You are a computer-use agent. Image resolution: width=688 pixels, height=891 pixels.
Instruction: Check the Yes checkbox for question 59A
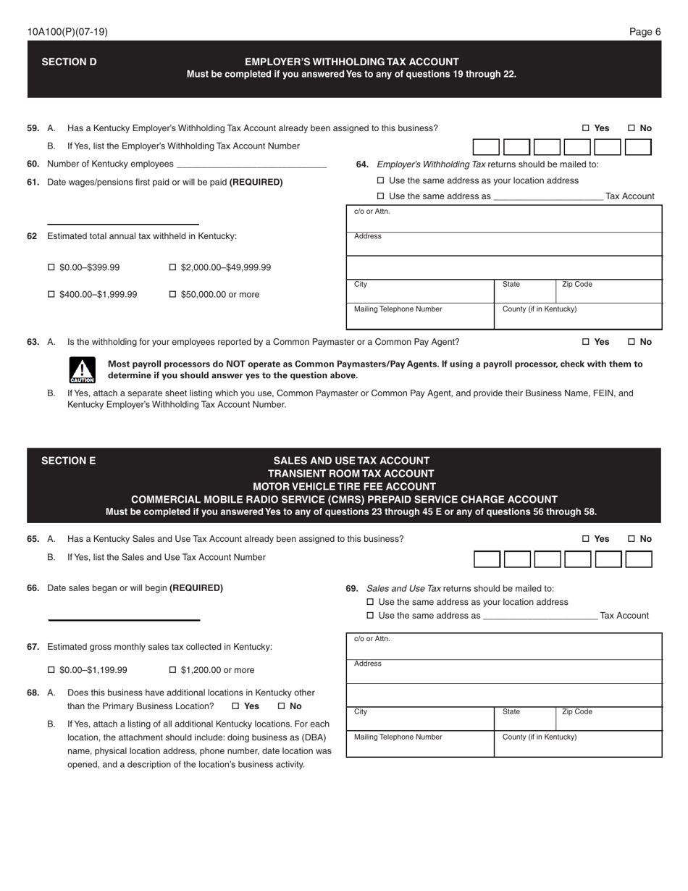586,128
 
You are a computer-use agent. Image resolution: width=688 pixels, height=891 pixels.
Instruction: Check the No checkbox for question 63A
632,342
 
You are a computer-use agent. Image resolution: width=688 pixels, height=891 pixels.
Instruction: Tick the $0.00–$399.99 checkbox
51,267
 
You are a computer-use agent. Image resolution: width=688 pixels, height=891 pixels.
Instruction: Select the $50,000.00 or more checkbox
173,294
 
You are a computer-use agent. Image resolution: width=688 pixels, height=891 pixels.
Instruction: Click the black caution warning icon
82,370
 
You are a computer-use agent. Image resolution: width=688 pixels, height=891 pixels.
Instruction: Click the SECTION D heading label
69,62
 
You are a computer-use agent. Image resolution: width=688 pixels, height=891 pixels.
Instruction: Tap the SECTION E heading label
68,461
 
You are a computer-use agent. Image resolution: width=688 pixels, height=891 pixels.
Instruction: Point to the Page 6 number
645,32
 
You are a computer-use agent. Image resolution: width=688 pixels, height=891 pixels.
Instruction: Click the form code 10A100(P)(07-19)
67,32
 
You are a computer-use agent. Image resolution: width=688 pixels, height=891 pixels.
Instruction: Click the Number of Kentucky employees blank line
251,164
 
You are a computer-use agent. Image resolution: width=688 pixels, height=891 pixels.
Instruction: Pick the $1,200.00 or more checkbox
173,670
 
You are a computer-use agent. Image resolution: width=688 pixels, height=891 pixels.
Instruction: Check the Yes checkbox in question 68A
236,706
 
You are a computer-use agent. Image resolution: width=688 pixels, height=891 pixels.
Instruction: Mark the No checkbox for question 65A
632,539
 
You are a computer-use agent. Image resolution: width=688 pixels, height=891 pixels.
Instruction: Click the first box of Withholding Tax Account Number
486,148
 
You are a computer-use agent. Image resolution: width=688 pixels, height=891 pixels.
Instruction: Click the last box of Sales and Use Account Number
638,559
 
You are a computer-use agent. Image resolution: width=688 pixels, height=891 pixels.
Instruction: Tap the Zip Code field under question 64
608,291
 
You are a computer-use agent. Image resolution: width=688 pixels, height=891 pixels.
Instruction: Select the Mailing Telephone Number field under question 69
420,744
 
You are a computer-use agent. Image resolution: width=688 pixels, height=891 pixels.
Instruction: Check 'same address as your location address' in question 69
371,602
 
